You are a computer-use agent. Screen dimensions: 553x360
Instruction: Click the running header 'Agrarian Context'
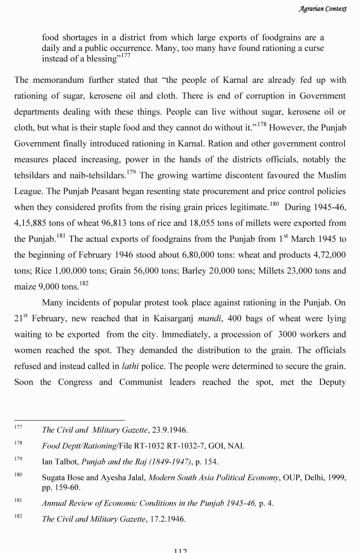[x=322, y=9]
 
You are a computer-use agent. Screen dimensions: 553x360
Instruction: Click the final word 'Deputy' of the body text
[x=330, y=382]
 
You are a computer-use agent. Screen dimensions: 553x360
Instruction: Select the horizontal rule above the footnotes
[x=69, y=420]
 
